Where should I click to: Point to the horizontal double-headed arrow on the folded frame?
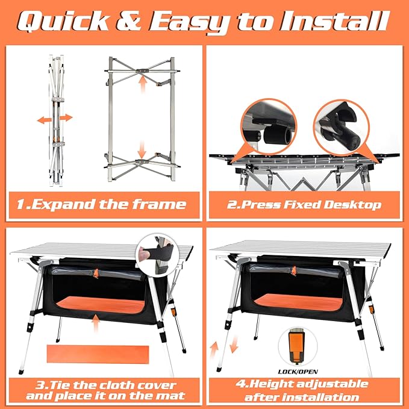pos(54,119)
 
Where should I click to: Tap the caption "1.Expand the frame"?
pos(101,204)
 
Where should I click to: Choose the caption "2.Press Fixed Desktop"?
pos(304,205)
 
